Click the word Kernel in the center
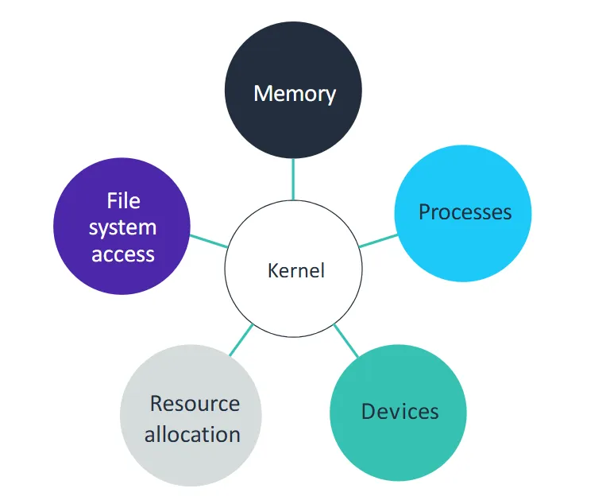(295, 270)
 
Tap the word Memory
(295, 94)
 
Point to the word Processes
(465, 212)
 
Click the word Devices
(400, 411)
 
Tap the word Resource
(195, 403)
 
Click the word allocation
(192, 435)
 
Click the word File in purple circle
(123, 201)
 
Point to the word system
(122, 228)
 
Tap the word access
(122, 254)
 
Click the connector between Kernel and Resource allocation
(241, 339)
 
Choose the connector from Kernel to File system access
(208, 241)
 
